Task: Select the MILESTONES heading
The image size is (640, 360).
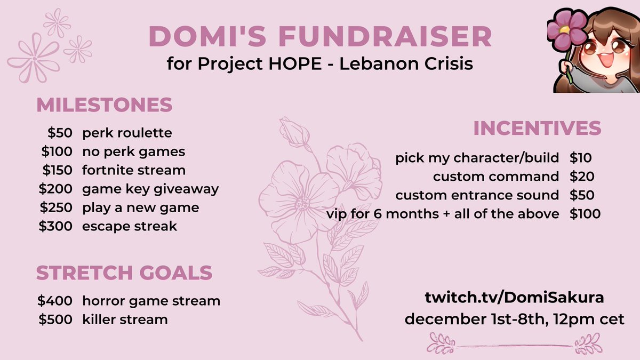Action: pyautogui.click(x=104, y=105)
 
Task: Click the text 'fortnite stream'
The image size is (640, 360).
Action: pyautogui.click(x=134, y=170)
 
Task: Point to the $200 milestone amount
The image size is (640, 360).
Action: pyautogui.click(x=56, y=189)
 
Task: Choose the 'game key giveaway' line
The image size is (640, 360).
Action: pyautogui.click(x=150, y=189)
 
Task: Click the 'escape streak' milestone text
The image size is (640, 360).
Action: pyautogui.click(x=130, y=226)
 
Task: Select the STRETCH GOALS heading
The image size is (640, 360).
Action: pyautogui.click(x=124, y=273)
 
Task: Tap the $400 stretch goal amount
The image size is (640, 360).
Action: pyautogui.click(x=56, y=301)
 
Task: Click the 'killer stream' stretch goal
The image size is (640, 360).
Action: pyautogui.click(x=125, y=319)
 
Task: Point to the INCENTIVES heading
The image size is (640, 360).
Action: pyautogui.click(x=537, y=129)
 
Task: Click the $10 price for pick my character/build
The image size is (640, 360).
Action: pyautogui.click(x=581, y=157)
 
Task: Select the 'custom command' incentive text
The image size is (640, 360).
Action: pyautogui.click(x=496, y=176)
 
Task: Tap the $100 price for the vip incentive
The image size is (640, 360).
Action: pyautogui.click(x=585, y=214)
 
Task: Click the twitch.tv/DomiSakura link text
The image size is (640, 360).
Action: pyautogui.click(x=514, y=298)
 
